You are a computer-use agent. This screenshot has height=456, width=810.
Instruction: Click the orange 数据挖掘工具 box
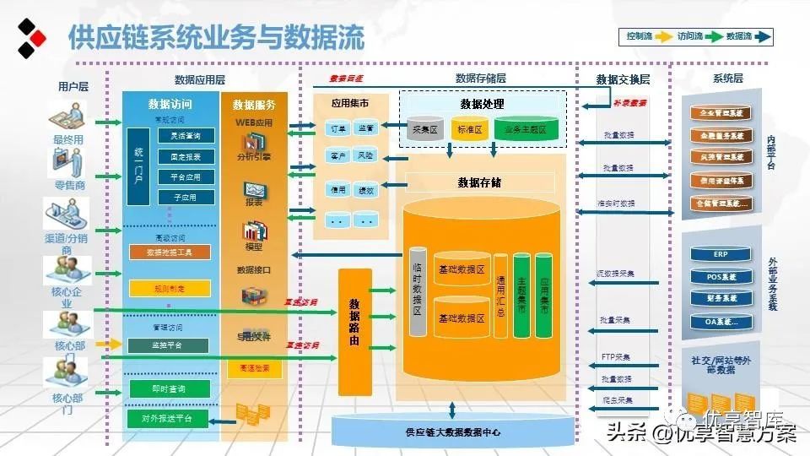(170, 252)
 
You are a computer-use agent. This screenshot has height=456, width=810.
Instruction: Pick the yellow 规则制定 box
(170, 288)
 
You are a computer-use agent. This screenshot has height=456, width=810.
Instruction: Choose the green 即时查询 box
(170, 389)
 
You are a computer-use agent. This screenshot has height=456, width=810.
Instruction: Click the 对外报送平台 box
(170, 419)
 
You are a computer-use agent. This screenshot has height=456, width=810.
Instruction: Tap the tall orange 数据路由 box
(354, 332)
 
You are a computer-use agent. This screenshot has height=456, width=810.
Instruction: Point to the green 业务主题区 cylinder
(526, 129)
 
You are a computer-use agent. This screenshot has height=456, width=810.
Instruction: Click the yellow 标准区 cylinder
(469, 129)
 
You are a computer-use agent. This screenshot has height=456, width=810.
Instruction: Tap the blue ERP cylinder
(720, 254)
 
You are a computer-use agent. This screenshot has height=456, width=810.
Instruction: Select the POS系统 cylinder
(720, 276)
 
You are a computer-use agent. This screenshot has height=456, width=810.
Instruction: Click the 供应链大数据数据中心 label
(452, 432)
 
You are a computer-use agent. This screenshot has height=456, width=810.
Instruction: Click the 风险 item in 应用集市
(364, 156)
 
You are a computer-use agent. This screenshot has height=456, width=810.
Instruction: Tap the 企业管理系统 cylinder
(720, 112)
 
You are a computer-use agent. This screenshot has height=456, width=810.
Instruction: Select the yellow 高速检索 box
(254, 368)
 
